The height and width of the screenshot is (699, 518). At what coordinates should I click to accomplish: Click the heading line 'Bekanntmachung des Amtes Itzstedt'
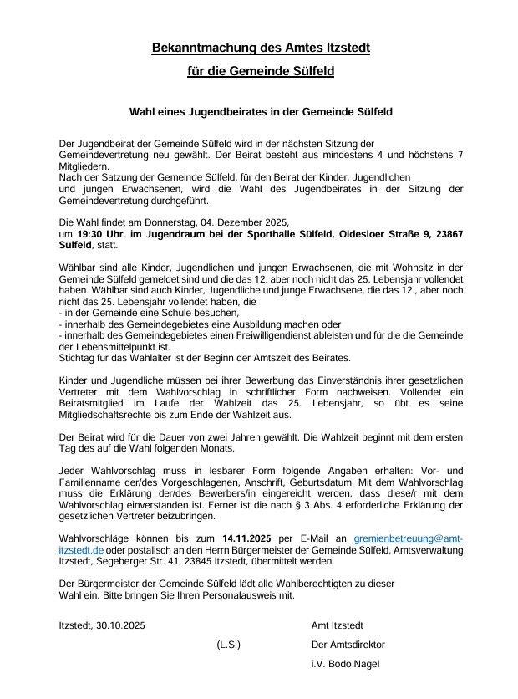click(260, 48)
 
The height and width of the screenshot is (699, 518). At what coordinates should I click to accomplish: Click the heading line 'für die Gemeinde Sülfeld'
click(260, 72)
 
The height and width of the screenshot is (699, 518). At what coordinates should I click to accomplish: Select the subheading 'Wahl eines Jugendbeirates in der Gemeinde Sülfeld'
click(260, 111)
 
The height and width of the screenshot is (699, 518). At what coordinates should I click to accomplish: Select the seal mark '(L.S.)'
click(228, 645)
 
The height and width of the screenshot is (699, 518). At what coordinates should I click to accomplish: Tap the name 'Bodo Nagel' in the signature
click(355, 664)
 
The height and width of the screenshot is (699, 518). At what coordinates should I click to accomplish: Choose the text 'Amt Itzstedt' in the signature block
click(337, 625)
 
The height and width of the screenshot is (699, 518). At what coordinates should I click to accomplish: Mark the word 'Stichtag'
click(78, 359)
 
